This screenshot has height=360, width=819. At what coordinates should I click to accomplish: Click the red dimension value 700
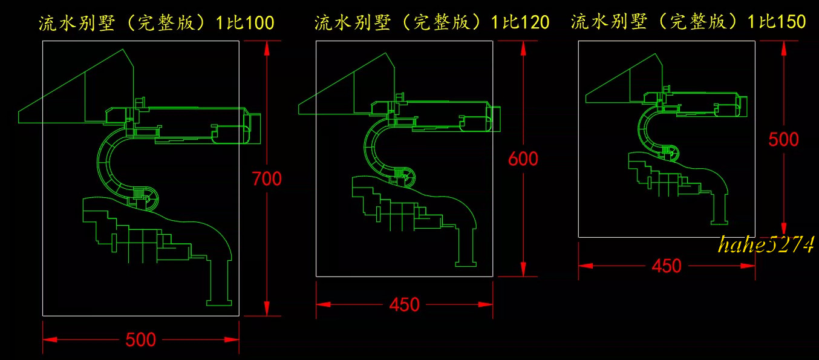(267, 179)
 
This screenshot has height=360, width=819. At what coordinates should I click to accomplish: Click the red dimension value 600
(523, 159)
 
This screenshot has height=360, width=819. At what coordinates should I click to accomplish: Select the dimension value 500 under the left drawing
(141, 339)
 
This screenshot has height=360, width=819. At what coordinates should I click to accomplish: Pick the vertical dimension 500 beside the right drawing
(783, 139)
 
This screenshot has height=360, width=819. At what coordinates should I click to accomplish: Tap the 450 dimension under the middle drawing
(404, 304)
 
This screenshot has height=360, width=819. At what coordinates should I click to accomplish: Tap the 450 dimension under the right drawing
(667, 266)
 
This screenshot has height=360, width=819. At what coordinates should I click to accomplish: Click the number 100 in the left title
(259, 22)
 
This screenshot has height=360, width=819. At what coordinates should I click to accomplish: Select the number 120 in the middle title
(535, 22)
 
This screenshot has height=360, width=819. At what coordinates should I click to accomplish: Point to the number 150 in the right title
(791, 22)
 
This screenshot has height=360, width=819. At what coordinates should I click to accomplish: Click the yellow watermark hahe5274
(766, 244)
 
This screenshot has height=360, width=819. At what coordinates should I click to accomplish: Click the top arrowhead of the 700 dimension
(267, 48)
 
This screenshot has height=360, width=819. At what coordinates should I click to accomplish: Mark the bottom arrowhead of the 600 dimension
(523, 269)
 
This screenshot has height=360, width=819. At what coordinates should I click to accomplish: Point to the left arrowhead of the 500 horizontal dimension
(50, 339)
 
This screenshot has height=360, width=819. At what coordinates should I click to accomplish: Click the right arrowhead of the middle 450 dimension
(486, 304)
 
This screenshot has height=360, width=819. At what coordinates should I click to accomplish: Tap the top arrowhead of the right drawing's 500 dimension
(783, 48)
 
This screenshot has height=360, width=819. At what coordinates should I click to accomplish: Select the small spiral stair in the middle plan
(405, 176)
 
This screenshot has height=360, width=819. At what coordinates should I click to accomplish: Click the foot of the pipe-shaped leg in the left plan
(219, 303)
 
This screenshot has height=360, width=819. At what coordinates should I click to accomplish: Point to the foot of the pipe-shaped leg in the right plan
(719, 223)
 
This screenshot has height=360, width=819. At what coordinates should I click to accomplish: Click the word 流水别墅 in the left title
(77, 23)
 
